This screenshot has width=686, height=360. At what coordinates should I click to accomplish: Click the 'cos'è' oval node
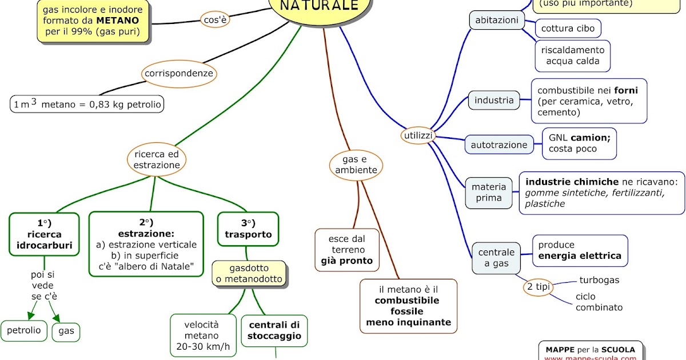pyautogui.click(x=216, y=20)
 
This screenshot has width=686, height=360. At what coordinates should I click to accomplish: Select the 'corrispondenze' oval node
pyautogui.click(x=179, y=74)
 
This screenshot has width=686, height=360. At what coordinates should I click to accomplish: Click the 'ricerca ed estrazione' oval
pyautogui.click(x=157, y=159)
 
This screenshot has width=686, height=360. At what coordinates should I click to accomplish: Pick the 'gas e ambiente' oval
pyautogui.click(x=356, y=165)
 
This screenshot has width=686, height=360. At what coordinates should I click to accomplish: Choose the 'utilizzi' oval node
pyautogui.click(x=418, y=135)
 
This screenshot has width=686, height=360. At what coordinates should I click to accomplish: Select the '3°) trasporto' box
pyautogui.click(x=248, y=229)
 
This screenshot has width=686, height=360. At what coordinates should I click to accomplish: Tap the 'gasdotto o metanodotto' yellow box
pyautogui.click(x=248, y=274)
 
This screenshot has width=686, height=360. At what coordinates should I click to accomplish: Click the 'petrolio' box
pyautogui.click(x=24, y=330)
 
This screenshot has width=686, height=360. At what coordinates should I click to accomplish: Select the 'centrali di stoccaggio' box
pyautogui.click(x=274, y=330)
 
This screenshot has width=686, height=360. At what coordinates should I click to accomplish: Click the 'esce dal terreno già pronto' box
pyautogui.click(x=347, y=250)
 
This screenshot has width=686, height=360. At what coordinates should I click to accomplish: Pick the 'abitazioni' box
pyautogui.click(x=497, y=21)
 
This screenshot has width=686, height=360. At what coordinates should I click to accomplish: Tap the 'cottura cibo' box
pyautogui.click(x=568, y=28)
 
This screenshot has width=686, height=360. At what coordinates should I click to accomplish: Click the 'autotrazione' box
pyautogui.click(x=499, y=145)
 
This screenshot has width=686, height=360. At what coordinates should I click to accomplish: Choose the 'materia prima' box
pyautogui.click(x=489, y=193)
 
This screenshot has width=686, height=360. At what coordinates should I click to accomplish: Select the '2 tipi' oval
pyautogui.click(x=538, y=287)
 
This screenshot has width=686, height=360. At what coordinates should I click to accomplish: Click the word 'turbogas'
pyautogui.click(x=599, y=280)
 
